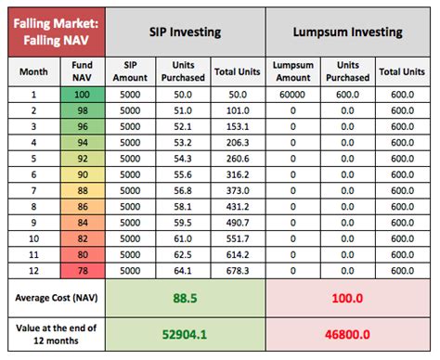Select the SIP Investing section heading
[x=185, y=32]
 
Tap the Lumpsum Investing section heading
[x=347, y=32]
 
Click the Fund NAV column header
[x=82, y=72]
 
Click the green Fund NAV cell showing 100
[x=82, y=96]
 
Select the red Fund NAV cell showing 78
[x=82, y=270]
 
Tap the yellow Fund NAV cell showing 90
[x=82, y=174]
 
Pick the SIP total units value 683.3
[x=236, y=270]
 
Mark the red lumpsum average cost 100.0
[x=347, y=299]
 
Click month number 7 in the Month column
[x=33, y=190]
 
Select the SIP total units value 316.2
[x=236, y=174]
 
